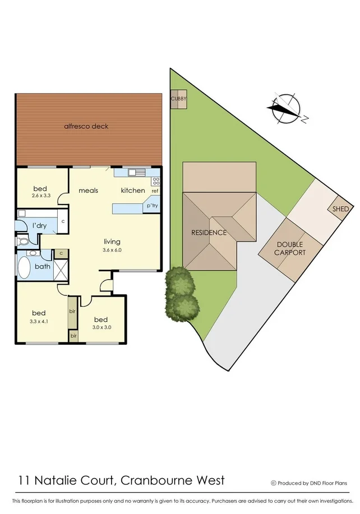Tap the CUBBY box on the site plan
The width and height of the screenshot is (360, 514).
(x=178, y=100)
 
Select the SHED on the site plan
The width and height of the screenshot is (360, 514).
(x=340, y=209)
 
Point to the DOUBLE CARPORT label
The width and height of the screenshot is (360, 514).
(x=290, y=248)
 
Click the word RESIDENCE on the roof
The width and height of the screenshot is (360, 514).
(x=209, y=233)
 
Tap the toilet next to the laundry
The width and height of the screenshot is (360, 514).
(x=22, y=242)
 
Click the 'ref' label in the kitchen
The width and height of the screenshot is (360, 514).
(x=155, y=191)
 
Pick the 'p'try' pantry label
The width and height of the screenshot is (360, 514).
(x=152, y=206)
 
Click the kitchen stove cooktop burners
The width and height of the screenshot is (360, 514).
(x=156, y=180)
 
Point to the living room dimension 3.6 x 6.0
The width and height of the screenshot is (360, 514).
(x=112, y=250)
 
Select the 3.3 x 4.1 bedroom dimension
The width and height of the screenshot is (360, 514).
(x=38, y=322)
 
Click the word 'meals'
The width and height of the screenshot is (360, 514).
(x=88, y=191)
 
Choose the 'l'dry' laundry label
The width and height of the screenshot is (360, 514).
(x=39, y=225)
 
